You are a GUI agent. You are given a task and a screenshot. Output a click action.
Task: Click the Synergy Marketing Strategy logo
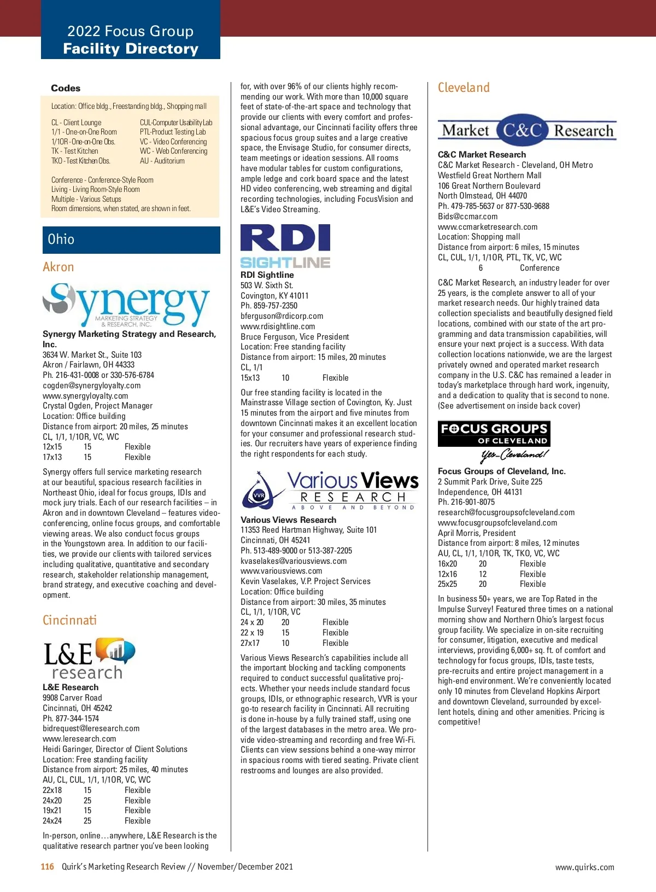pyautogui.click(x=126, y=304)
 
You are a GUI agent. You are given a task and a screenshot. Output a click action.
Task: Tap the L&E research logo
pyautogui.click(x=89, y=658)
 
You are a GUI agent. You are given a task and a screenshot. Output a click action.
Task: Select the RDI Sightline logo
pyautogui.click(x=285, y=246)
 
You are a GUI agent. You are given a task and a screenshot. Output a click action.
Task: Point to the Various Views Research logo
pyautogui.click(x=330, y=490)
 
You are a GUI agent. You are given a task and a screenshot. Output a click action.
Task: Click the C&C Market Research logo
pyautogui.click(x=527, y=130)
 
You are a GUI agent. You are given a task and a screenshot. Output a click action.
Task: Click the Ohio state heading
pyautogui.click(x=61, y=240)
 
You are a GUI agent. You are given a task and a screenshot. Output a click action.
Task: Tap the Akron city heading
pyautogui.click(x=58, y=267)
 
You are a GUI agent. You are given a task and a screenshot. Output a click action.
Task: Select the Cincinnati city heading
pyautogui.click(x=69, y=620)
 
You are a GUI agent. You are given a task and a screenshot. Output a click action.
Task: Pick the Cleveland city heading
pyautogui.click(x=464, y=88)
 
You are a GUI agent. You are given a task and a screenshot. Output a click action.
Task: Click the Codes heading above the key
pyautogui.click(x=66, y=89)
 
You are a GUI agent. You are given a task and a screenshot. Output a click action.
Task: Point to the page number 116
pyautogui.click(x=48, y=867)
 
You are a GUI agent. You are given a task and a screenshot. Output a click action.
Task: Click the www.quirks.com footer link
pyautogui.click(x=584, y=867)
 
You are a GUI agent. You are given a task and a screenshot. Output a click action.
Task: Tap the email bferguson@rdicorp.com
pyautogui.click(x=282, y=316)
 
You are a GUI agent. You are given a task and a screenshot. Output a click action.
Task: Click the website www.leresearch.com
pyautogui.click(x=79, y=739)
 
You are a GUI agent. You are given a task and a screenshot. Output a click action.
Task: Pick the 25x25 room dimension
pyautogui.click(x=447, y=584)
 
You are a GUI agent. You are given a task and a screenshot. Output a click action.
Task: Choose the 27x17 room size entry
pyautogui.click(x=250, y=643)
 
